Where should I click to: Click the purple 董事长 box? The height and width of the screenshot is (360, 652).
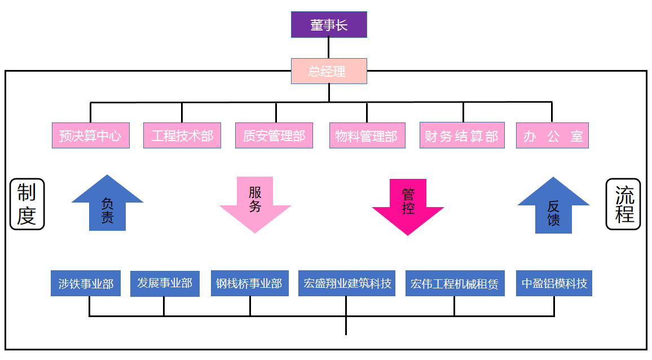tap(329, 25)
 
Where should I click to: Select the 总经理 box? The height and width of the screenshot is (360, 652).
tap(329, 71)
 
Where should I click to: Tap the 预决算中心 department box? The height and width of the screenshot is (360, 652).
tap(90, 135)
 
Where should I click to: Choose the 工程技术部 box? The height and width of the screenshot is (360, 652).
tap(182, 135)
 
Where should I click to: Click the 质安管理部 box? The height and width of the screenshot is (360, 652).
tap(274, 135)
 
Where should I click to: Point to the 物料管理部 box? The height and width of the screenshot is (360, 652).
tap(367, 135)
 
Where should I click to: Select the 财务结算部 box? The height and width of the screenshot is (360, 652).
tap(461, 135)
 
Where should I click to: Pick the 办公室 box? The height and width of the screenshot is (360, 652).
tap(552, 135)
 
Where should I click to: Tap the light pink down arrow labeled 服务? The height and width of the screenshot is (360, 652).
tap(255, 203)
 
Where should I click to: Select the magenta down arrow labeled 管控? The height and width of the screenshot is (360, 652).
tap(408, 205)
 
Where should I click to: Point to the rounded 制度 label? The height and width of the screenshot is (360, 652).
tap(27, 204)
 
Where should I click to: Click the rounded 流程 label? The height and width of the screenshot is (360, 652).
tap(623, 204)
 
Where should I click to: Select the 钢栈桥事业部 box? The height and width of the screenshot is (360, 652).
tap(249, 283)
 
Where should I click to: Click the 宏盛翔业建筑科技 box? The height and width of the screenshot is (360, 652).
tap(347, 283)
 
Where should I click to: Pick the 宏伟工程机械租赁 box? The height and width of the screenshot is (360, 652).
tap(455, 283)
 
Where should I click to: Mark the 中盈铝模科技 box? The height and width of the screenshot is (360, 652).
tap(554, 283)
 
